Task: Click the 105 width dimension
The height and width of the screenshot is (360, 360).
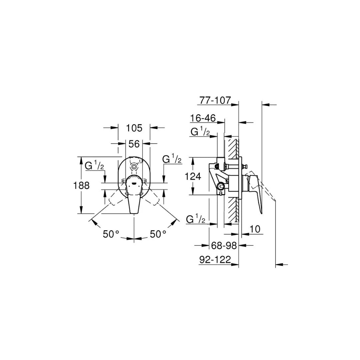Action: pyautogui.click(x=134, y=128)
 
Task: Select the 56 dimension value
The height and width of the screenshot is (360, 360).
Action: pyautogui.click(x=134, y=144)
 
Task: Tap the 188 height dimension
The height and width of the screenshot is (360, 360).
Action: pyautogui.click(x=81, y=185)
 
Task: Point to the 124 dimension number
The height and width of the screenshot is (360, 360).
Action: pyautogui.click(x=193, y=176)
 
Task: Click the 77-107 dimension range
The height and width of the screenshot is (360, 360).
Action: pyautogui.click(x=215, y=100)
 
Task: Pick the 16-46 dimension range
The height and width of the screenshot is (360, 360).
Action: pyautogui.click(x=203, y=118)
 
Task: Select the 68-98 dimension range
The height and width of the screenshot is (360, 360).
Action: pyautogui.click(x=224, y=246)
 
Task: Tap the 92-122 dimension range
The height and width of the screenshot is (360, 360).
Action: pyautogui.click(x=215, y=260)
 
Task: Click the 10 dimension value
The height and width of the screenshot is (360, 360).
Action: pyautogui.click(x=254, y=229)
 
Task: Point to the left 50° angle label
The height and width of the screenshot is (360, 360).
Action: pyautogui.click(x=111, y=234)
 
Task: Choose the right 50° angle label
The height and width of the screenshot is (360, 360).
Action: pyautogui.click(x=158, y=234)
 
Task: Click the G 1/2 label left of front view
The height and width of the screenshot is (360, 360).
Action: pyautogui.click(x=94, y=165)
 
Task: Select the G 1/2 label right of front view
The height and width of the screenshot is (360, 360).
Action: pyautogui.click(x=172, y=159)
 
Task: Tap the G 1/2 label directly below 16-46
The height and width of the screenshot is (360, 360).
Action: pyautogui.click(x=200, y=132)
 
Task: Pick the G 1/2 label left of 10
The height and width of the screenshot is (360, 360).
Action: pyautogui.click(x=196, y=219)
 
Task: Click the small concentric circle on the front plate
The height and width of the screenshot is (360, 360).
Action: pyautogui.click(x=134, y=166)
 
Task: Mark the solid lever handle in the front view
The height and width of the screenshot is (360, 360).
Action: pyautogui.click(x=134, y=200)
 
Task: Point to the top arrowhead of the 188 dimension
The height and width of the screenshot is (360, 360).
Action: pyautogui.click(x=81, y=159)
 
